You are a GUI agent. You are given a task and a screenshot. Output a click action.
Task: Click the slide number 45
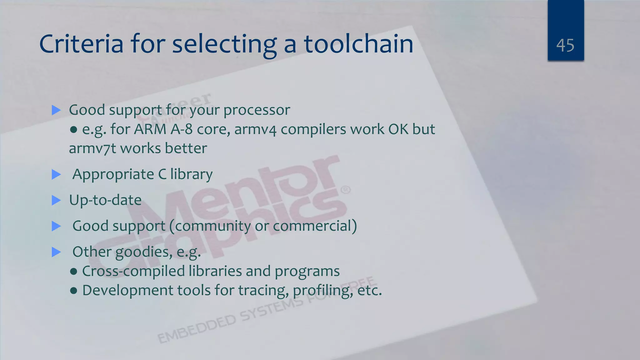(x=565, y=46)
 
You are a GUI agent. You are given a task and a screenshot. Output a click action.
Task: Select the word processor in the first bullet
(x=257, y=110)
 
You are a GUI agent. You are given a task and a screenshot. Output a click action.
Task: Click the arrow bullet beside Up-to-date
(x=56, y=200)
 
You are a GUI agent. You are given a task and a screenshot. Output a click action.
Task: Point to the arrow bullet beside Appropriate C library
(x=56, y=174)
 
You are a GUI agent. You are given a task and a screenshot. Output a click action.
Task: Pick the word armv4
(x=255, y=129)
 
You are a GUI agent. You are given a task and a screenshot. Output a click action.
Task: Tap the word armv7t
(x=92, y=148)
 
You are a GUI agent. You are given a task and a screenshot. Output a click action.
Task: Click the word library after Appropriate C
(x=191, y=174)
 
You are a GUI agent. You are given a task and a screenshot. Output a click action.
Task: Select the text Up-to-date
(x=105, y=200)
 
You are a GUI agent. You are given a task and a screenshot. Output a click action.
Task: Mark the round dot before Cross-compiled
(x=74, y=272)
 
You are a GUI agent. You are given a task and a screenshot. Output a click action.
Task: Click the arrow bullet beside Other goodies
(x=56, y=252)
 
